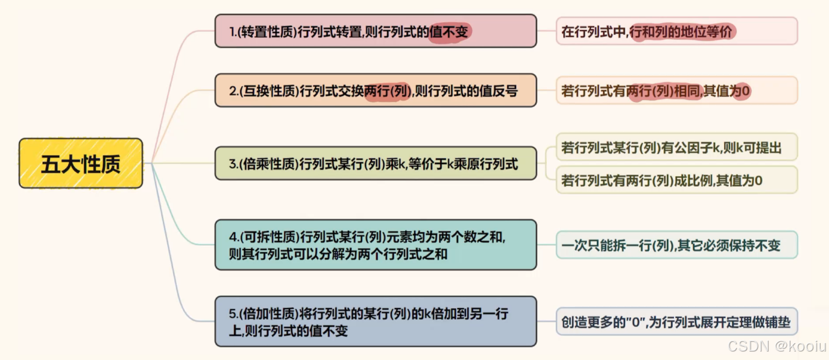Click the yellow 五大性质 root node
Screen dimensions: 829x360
81,163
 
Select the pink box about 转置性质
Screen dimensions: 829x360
375,31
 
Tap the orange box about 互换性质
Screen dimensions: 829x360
375,90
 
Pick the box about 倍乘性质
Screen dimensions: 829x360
375,163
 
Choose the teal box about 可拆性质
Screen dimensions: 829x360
375,244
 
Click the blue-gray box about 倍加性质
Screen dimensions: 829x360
375,321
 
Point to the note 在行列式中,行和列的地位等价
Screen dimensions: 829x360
676,31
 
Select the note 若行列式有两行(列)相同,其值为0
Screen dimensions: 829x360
676,90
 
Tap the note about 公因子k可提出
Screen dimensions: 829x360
676,147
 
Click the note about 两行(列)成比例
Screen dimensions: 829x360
676,180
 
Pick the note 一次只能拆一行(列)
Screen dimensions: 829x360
676,245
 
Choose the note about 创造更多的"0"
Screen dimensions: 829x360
676,322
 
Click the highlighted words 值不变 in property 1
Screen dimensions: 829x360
449,31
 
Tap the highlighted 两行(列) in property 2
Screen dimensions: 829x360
387,91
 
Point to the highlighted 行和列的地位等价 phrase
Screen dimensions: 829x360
681,31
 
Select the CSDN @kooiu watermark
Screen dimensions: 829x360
775,346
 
